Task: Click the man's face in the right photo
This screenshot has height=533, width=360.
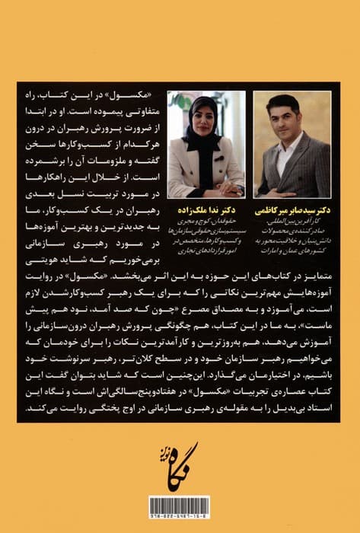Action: pos(282,120)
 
